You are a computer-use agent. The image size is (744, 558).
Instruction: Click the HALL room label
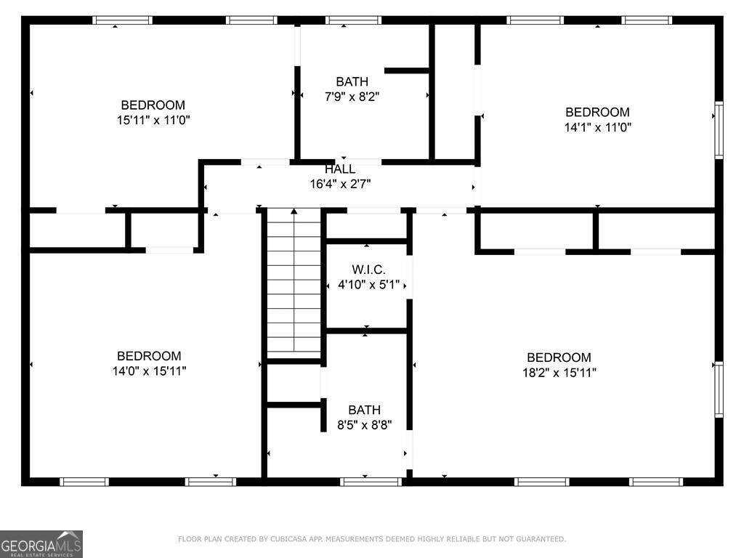pyautogui.click(x=340, y=169)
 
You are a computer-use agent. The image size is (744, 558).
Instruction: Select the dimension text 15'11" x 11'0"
pyautogui.click(x=153, y=120)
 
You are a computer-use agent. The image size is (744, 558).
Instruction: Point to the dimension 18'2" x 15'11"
pyautogui.click(x=559, y=373)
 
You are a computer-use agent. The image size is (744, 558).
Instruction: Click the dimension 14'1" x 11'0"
pyautogui.click(x=597, y=127)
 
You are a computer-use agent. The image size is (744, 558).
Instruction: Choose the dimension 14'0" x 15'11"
pyautogui.click(x=148, y=371)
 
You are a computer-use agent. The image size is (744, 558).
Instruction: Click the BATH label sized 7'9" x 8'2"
pyautogui.click(x=352, y=81)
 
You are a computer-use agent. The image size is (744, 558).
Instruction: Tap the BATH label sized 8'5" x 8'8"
pyautogui.click(x=364, y=410)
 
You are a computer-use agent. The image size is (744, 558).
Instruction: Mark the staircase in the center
pyautogui.click(x=294, y=283)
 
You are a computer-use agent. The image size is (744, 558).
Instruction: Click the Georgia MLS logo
pyautogui.click(x=41, y=543)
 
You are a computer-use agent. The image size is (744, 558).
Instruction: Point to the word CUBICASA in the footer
pyautogui.click(x=287, y=539)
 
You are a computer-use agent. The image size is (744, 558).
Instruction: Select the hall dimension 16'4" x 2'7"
pyautogui.click(x=340, y=185)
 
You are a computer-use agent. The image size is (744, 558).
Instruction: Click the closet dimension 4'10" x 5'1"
pyautogui.click(x=368, y=285)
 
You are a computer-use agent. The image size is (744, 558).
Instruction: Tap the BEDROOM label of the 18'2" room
pyautogui.click(x=559, y=357)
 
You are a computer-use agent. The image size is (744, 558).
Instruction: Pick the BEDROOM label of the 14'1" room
pyautogui.click(x=597, y=112)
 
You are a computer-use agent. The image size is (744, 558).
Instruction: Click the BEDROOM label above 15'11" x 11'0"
pyautogui.click(x=153, y=105)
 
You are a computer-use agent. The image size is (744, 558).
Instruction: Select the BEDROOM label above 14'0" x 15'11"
pyautogui.click(x=148, y=356)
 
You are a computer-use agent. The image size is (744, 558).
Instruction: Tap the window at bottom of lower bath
pyautogui.click(x=371, y=481)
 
